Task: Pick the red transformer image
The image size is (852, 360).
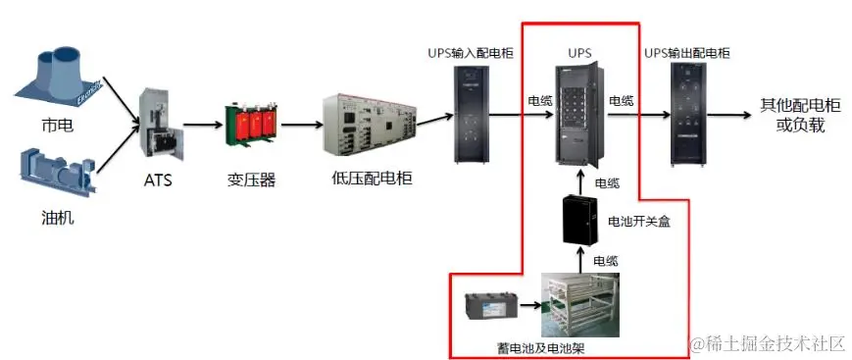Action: pos(248,125)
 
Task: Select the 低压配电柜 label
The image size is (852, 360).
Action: pos(372,180)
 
